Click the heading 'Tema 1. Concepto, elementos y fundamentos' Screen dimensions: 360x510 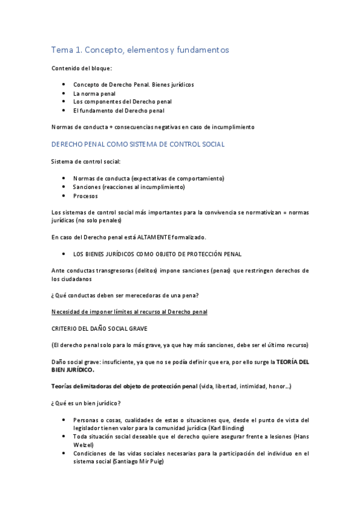pyautogui.click(x=140, y=50)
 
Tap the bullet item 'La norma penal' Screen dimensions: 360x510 pyautogui.click(x=94, y=94)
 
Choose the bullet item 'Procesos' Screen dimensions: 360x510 pyautogui.click(x=85, y=195)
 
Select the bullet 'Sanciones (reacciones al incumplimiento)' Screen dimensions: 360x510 pyautogui.click(x=129, y=187)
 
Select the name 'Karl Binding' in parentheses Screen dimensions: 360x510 pyautogui.click(x=227, y=428)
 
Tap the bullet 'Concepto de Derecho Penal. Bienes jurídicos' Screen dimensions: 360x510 pyautogui.click(x=133, y=85)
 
